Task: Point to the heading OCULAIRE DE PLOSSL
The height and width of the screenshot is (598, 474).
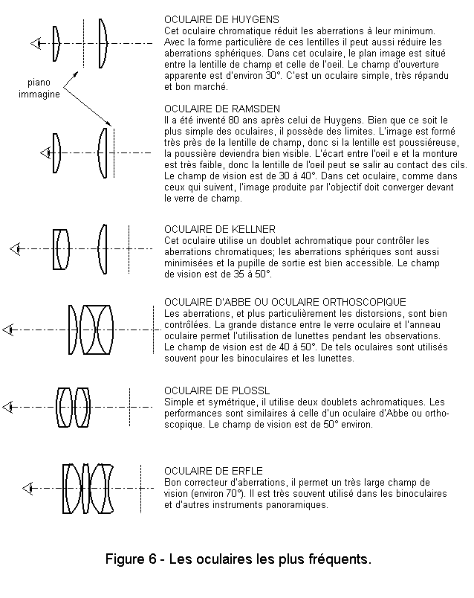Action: pyautogui.click(x=206, y=390)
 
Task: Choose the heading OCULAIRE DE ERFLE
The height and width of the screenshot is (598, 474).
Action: pyautogui.click(x=203, y=470)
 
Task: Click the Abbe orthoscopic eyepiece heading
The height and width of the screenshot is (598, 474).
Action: pyautogui.click(x=285, y=302)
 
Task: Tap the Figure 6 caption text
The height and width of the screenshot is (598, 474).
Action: pyautogui.click(x=238, y=559)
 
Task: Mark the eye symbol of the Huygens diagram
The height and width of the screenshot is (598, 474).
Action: pyautogui.click(x=35, y=44)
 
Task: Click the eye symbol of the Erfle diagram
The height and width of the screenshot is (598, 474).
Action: pyautogui.click(x=29, y=488)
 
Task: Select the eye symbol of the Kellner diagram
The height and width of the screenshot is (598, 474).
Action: pyautogui.click(x=15, y=248)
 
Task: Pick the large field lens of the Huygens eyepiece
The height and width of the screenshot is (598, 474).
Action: pyautogui.click(x=103, y=43)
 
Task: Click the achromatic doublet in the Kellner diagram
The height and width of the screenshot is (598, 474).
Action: pyautogui.click(x=62, y=248)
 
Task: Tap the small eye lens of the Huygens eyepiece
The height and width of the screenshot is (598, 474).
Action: pyautogui.click(x=56, y=43)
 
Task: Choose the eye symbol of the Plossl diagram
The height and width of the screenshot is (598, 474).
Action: pyautogui.click(x=8, y=407)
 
